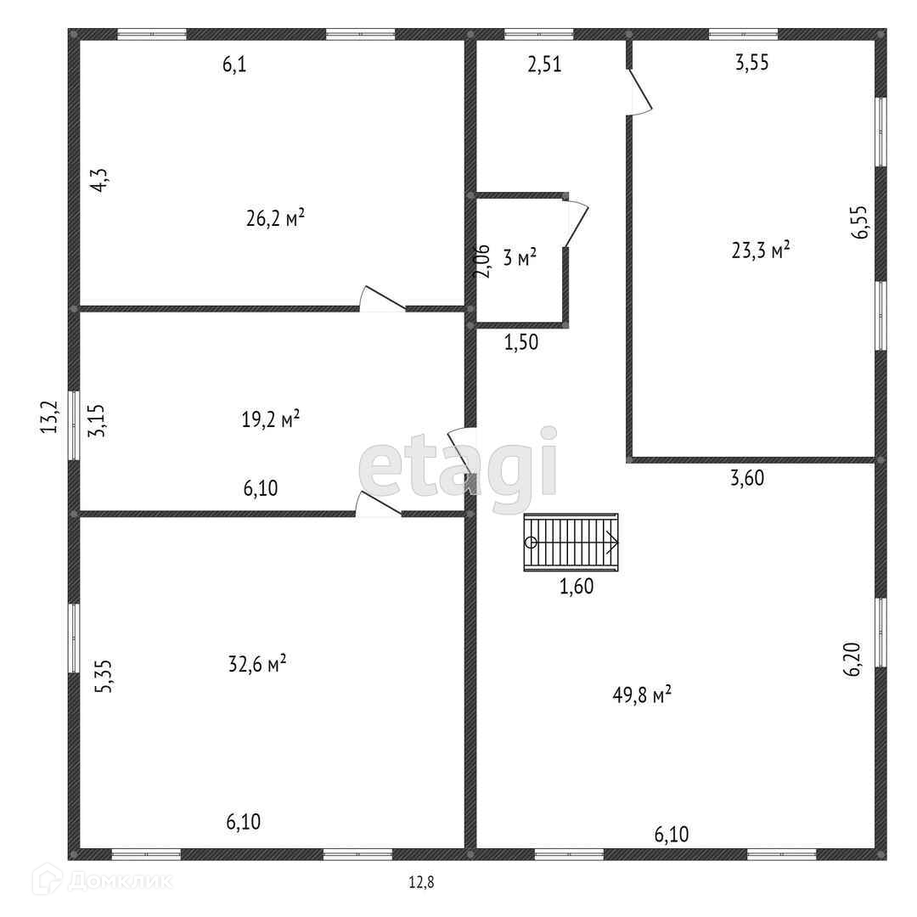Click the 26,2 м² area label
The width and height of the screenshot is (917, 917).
275,218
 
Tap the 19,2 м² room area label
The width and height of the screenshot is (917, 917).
272,419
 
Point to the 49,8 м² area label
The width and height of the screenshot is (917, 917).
643,695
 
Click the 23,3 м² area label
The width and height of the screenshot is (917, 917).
761,250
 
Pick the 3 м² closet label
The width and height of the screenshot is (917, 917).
520,258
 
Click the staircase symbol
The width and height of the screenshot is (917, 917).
571,543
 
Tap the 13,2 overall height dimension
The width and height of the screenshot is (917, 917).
51,417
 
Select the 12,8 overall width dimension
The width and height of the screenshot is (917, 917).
421,882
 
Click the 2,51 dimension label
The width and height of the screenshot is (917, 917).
544,65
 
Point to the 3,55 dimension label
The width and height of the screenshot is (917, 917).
751,62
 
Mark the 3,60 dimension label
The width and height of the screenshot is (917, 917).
747,478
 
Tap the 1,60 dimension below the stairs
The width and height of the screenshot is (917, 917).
576,586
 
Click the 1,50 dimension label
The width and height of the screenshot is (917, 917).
521,343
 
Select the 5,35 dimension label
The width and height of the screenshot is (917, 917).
103,677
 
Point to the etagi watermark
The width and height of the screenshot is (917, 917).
458,463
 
